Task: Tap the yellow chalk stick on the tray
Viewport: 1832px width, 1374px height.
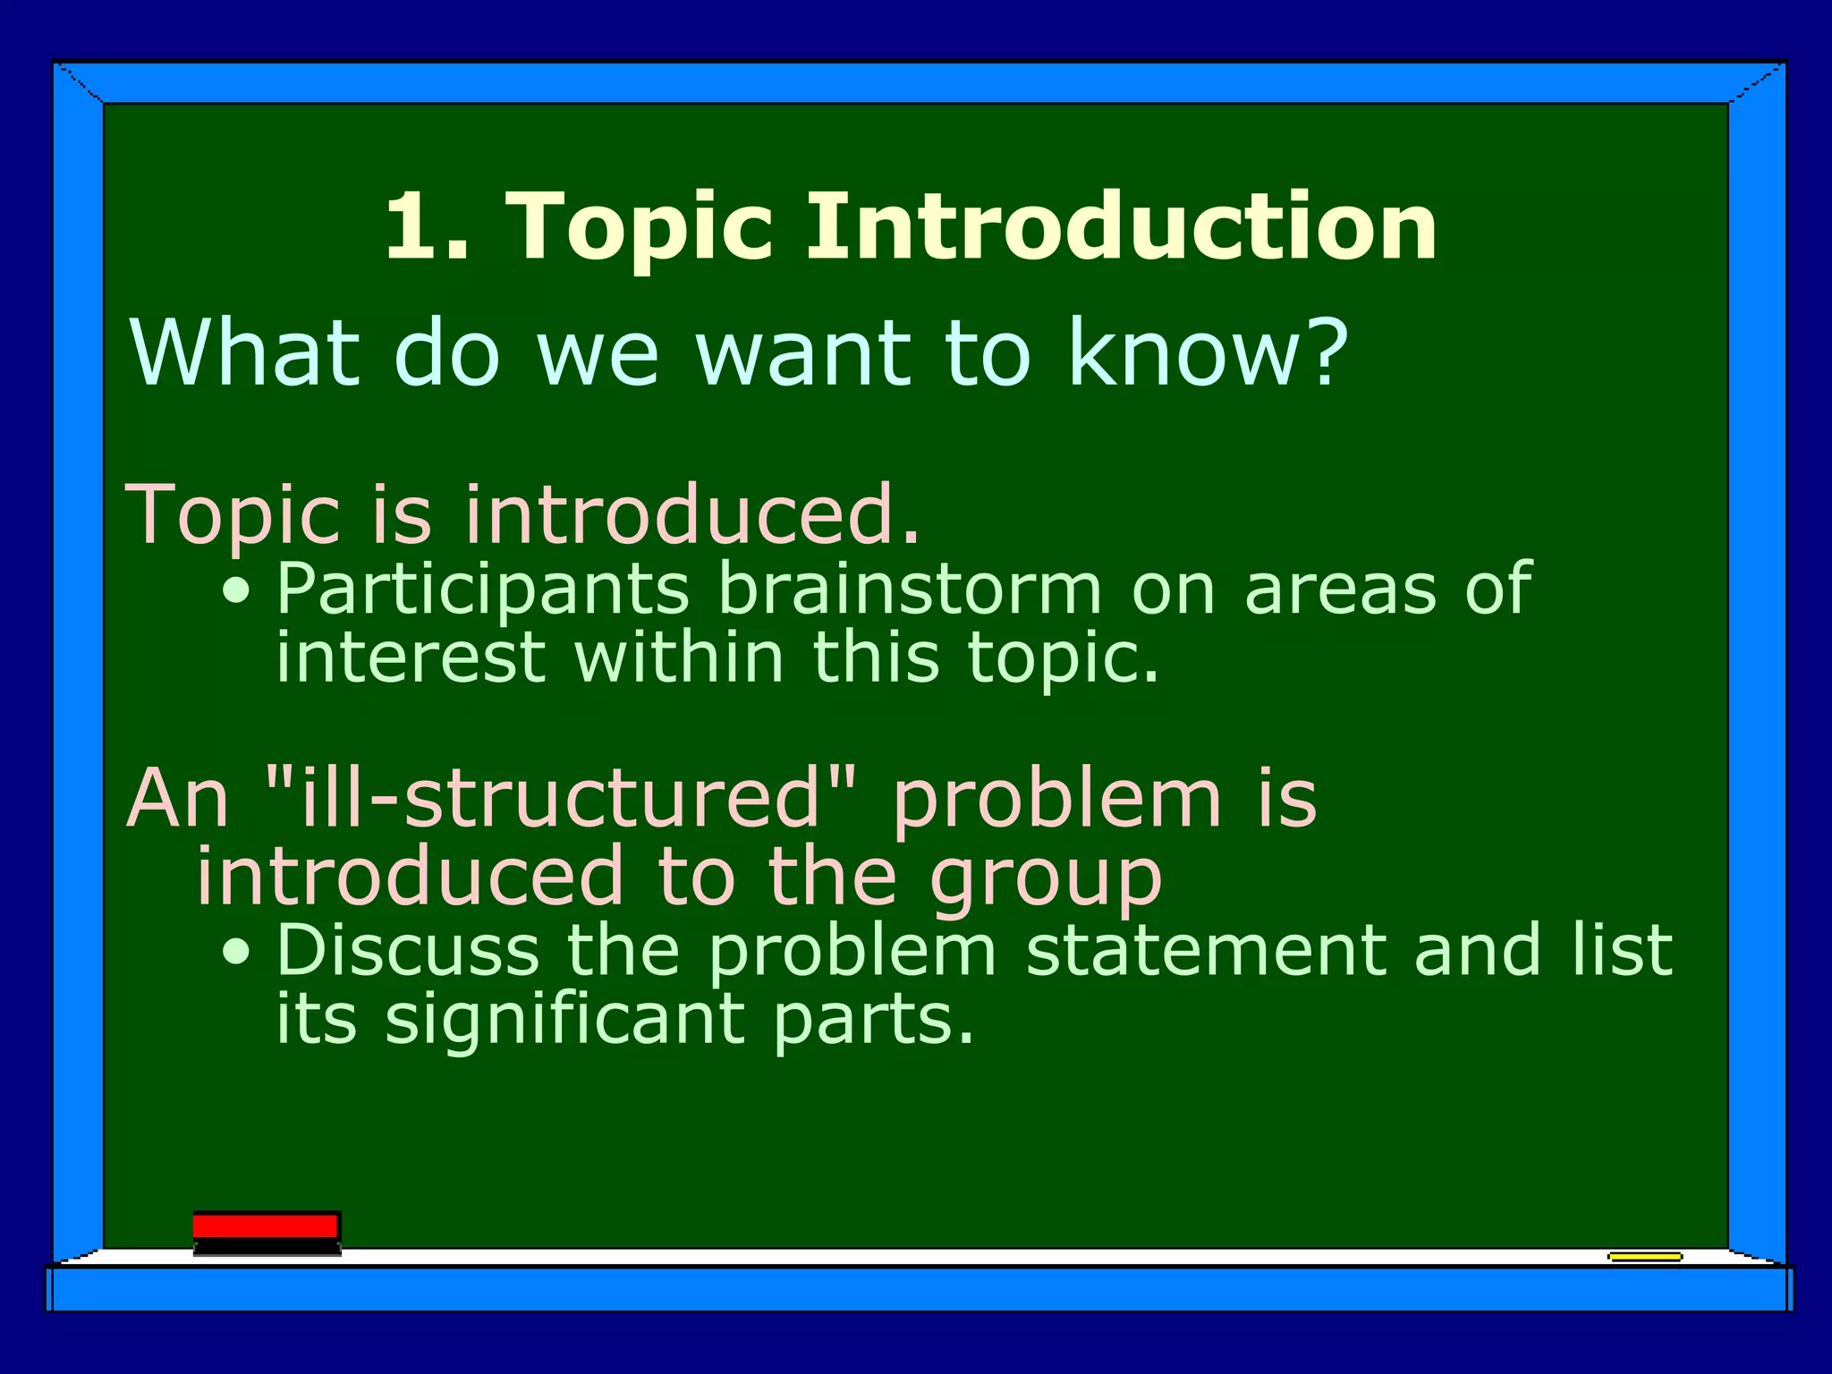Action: (1644, 1257)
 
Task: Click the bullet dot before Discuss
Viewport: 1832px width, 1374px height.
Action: (237, 953)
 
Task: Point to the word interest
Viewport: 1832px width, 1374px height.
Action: (410, 657)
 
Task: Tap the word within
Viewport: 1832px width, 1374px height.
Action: (680, 657)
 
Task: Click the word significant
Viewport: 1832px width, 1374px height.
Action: (565, 1020)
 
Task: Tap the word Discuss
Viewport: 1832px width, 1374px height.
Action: (408, 950)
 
